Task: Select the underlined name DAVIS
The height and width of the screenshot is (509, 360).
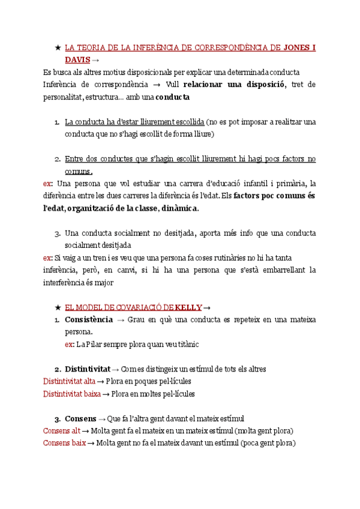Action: [77, 59]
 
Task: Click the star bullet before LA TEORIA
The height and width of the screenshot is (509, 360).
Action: [57, 47]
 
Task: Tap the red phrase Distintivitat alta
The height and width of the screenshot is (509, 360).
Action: [69, 381]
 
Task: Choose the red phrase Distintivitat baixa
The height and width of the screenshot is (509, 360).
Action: [71, 394]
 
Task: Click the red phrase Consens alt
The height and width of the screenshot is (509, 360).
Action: [61, 430]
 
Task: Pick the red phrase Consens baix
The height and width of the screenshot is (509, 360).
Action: [64, 443]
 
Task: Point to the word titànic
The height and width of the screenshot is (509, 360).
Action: [184, 344]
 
